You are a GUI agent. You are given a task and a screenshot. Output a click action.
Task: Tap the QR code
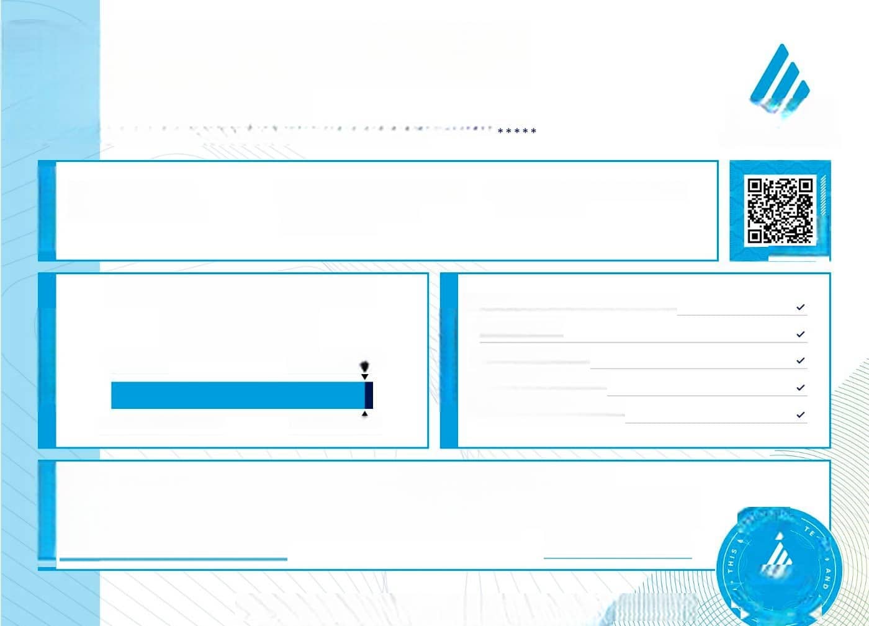pos(780,210)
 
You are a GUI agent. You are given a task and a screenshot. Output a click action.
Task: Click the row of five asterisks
pos(517,132)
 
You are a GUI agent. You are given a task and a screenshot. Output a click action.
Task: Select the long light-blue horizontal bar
pos(237,395)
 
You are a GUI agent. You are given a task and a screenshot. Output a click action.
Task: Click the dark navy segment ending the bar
pos(369,395)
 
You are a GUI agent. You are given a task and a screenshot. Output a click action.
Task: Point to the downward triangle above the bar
pos(365,376)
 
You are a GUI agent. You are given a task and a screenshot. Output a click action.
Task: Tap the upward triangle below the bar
pos(365,414)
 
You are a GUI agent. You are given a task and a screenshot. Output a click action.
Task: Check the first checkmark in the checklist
pos(801,307)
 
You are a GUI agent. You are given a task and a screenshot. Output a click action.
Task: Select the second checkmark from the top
pos(801,334)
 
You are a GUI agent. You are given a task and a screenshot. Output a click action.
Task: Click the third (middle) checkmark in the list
pos(801,360)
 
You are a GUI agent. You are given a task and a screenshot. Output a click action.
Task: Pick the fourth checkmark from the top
pos(801,388)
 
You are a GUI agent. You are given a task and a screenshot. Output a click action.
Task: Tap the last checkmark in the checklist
pos(801,414)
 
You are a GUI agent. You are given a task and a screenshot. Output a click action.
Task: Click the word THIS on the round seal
pos(732,560)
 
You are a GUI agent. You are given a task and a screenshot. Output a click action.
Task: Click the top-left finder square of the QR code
pos(755,186)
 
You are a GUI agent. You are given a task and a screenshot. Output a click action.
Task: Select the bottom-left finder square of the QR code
pos(755,236)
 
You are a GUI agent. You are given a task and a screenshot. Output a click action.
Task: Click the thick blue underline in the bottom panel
pos(173,560)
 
